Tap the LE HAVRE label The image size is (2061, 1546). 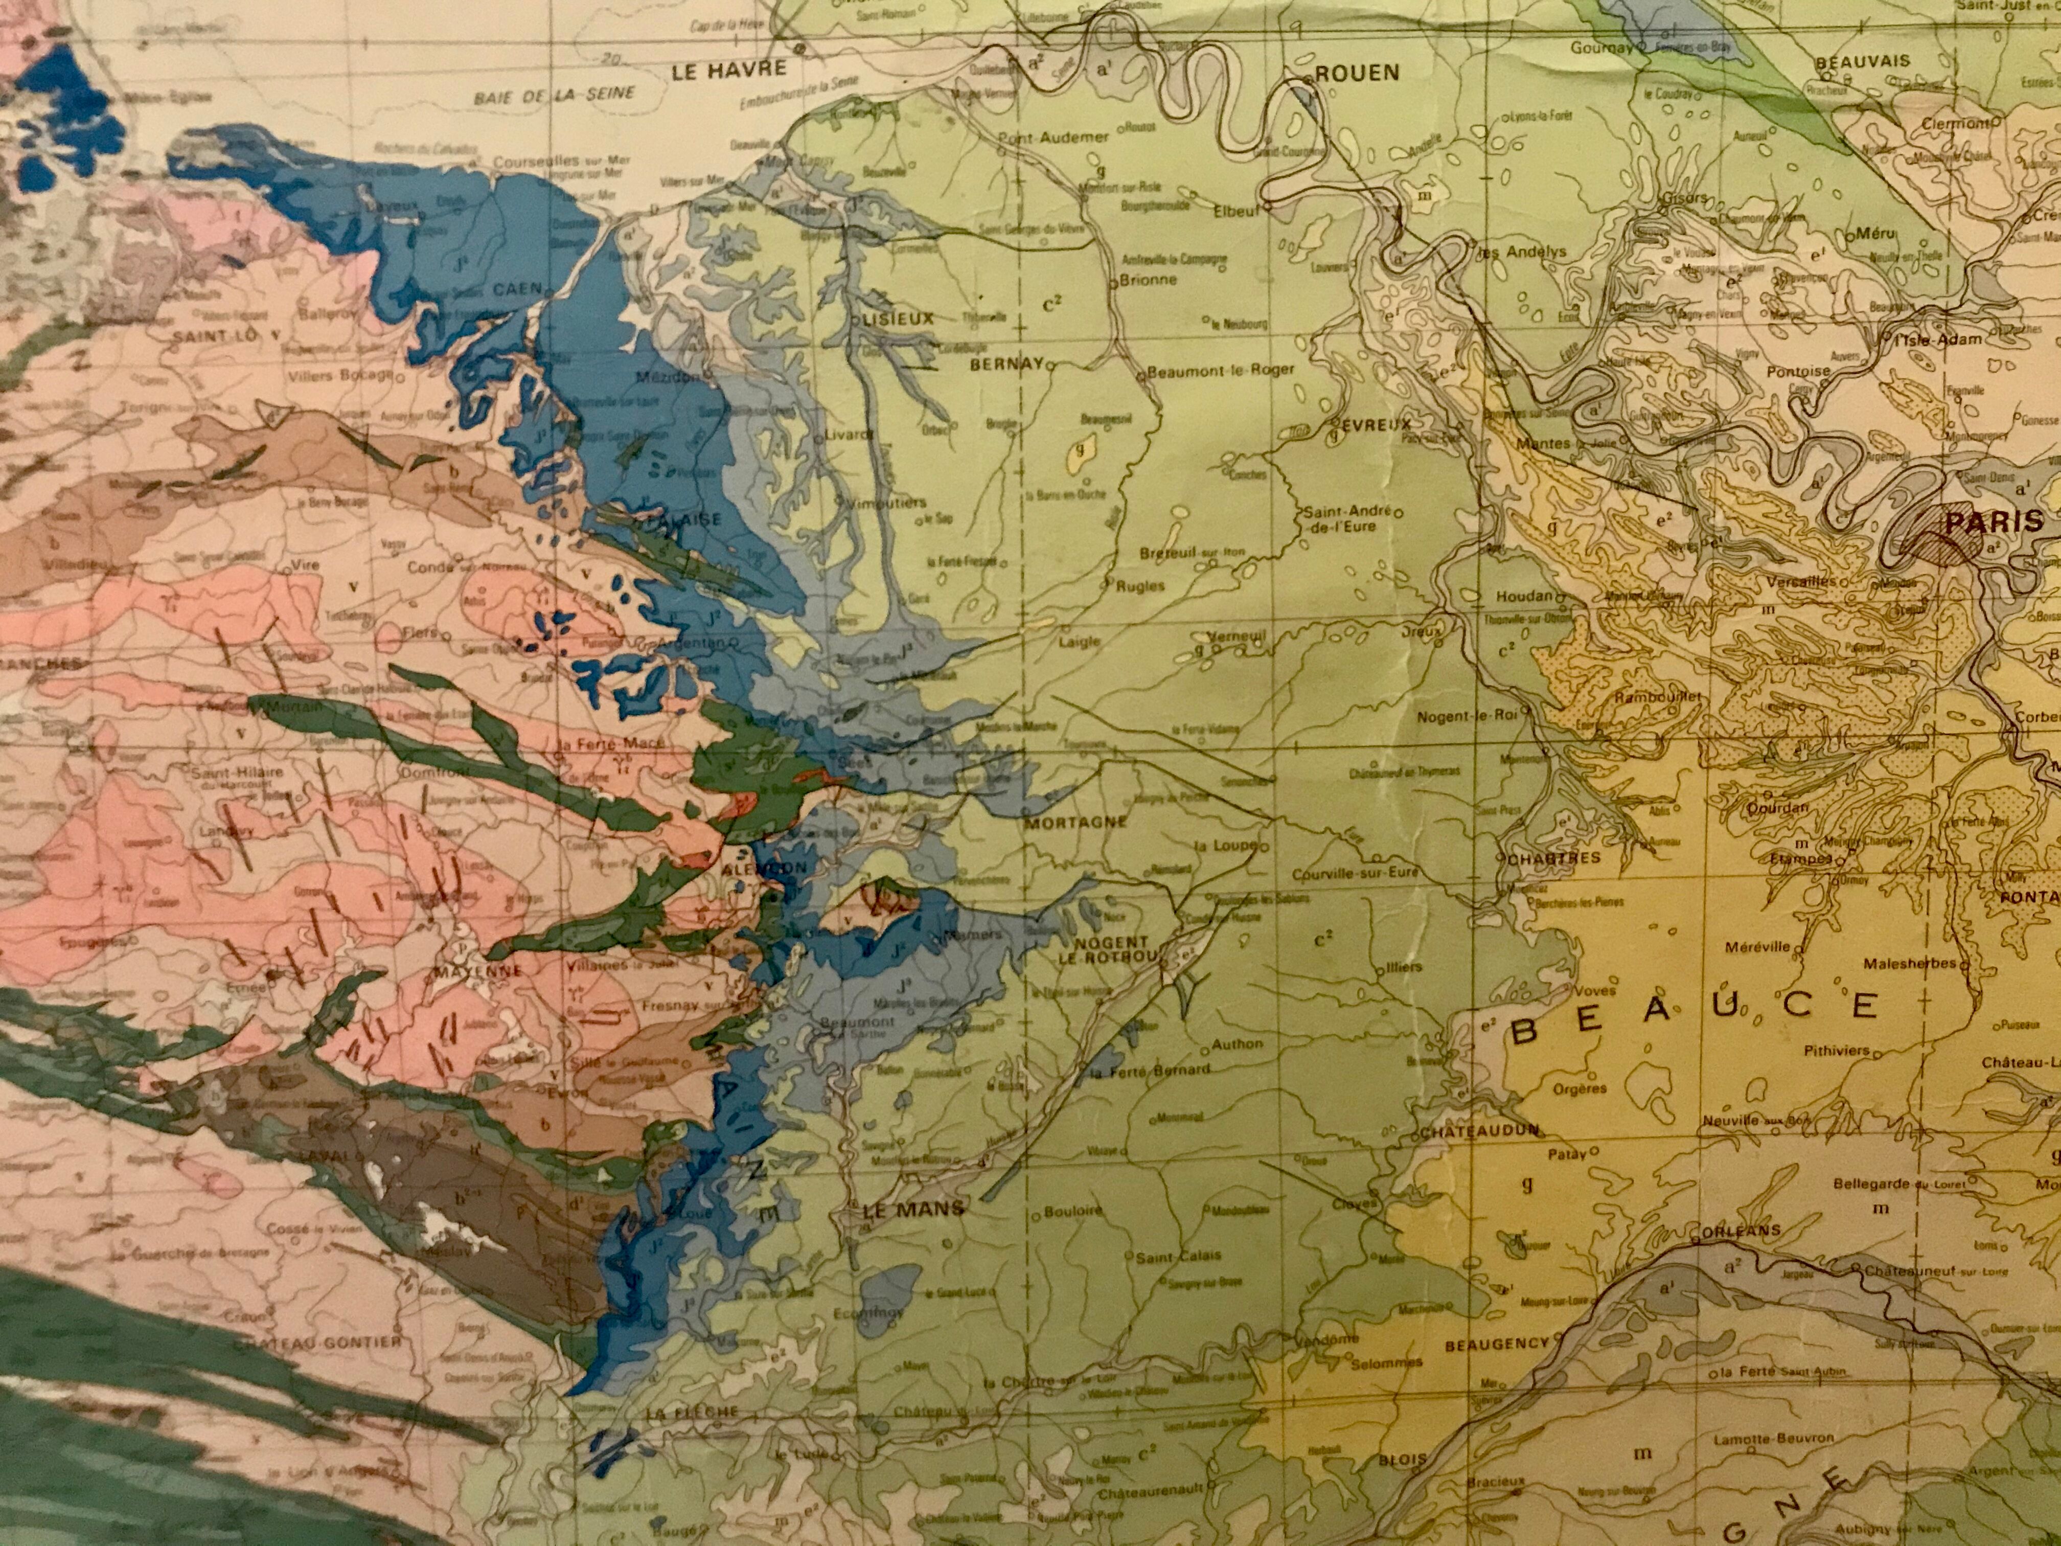728,68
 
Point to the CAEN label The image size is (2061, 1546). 517,290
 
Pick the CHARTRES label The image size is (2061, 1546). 1553,857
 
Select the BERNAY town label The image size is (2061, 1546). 1006,365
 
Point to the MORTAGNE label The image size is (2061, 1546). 1075,823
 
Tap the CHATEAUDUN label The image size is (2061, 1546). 1479,1131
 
